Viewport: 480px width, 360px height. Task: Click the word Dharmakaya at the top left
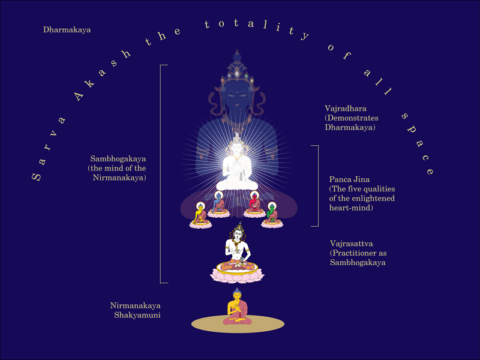[67, 29]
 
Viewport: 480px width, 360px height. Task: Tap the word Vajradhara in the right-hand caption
[344, 109]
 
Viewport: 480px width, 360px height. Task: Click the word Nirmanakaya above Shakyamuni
[136, 305]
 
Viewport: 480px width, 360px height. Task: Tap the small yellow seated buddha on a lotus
[200, 215]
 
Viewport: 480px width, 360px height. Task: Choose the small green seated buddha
[273, 215]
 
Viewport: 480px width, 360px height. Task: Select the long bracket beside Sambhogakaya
[161, 173]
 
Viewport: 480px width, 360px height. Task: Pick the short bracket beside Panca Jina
[316, 185]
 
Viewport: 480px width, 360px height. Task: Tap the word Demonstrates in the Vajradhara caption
[349, 118]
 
